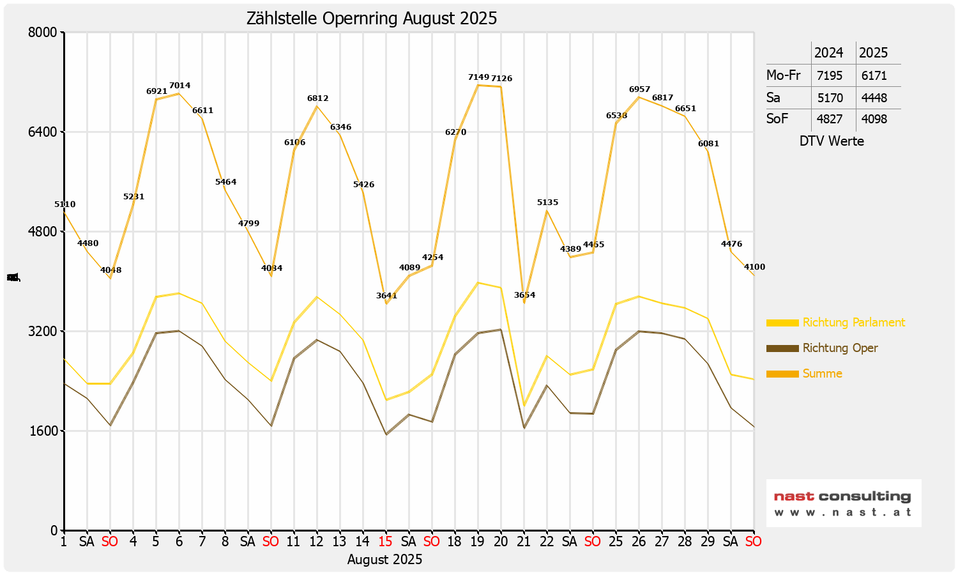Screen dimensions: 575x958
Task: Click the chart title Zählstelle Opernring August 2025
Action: coord(372,19)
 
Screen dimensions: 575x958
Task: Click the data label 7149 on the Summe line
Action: coord(478,77)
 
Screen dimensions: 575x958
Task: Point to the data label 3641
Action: coord(386,296)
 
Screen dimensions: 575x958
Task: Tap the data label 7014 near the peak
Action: coord(179,86)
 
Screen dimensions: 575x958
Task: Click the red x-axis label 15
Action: coord(385,542)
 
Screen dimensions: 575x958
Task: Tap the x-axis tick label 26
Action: coord(639,542)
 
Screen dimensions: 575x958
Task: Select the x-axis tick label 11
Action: coord(293,542)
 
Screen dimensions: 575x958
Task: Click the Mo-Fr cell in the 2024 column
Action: coord(830,75)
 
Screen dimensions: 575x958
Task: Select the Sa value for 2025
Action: coord(874,98)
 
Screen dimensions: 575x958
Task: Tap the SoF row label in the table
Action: coord(777,119)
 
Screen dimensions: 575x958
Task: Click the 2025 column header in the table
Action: coord(873,53)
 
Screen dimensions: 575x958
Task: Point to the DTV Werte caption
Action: coord(832,141)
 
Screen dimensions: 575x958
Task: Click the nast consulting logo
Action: coord(843,503)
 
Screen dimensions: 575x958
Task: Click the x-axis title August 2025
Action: coord(384,560)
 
